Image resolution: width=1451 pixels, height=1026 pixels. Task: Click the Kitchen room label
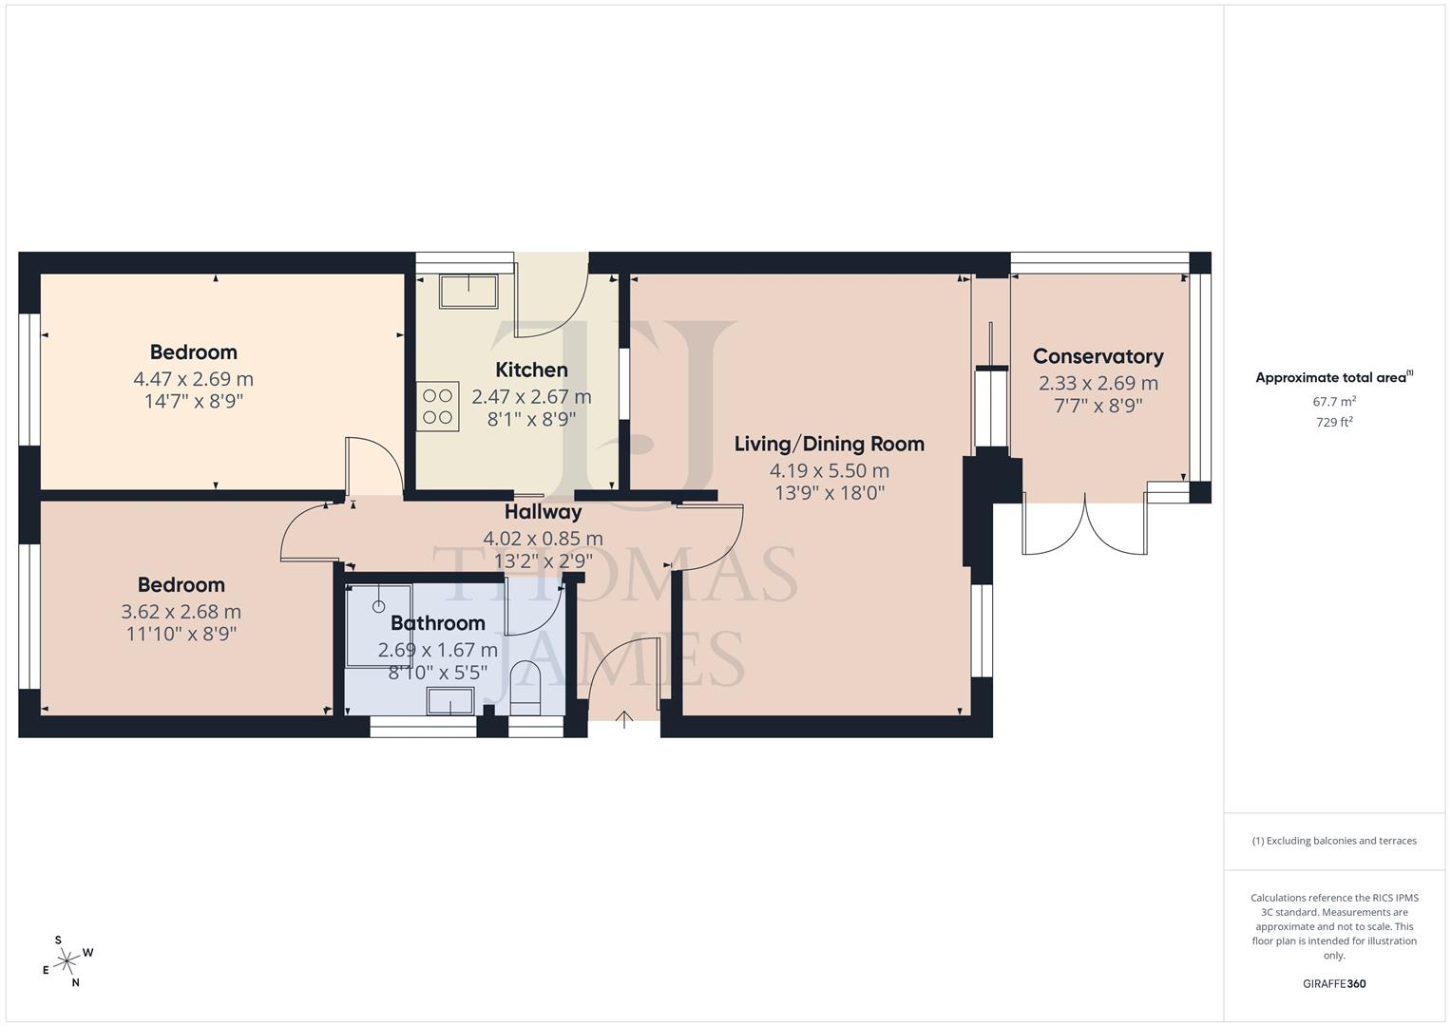[531, 370]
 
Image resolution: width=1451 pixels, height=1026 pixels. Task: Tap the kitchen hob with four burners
[437, 407]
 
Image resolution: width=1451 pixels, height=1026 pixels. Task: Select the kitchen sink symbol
[468, 291]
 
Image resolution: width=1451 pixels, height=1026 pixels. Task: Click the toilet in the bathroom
[525, 688]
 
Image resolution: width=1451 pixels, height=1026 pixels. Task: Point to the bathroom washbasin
[449, 701]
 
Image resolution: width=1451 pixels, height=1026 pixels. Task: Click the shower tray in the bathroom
[379, 624]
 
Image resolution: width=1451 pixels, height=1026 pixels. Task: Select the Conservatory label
[1098, 356]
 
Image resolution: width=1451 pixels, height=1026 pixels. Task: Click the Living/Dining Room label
[829, 444]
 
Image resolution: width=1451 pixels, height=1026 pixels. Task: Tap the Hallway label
[543, 512]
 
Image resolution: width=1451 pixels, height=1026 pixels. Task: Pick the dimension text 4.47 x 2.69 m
[193, 378]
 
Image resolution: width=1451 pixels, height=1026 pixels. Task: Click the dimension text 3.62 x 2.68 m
[181, 612]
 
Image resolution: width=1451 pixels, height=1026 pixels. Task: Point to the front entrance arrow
[624, 718]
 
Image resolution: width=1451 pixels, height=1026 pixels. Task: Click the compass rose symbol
[67, 961]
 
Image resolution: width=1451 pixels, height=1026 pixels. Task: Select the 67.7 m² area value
[1334, 402]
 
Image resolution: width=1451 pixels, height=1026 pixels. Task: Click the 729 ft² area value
[1334, 423]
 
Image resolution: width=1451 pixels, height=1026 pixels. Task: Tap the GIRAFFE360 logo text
[1334, 983]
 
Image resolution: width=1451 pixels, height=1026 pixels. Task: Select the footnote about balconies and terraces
[1334, 841]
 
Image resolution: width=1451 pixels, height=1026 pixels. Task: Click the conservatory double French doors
[1083, 525]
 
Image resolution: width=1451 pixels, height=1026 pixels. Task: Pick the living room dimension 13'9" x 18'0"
[829, 493]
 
